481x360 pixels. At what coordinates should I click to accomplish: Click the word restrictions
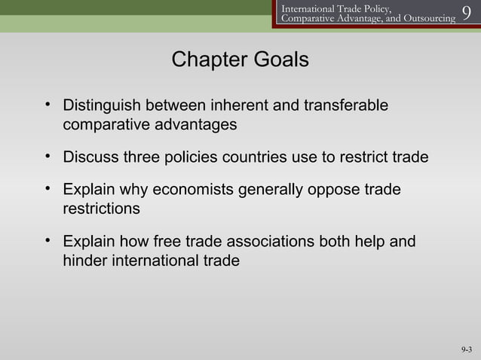(x=101, y=209)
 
